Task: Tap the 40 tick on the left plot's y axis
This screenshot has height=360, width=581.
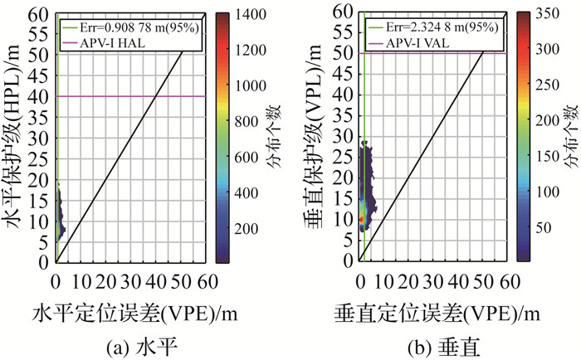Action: click(41, 97)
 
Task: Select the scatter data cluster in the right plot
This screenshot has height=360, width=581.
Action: click(365, 199)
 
